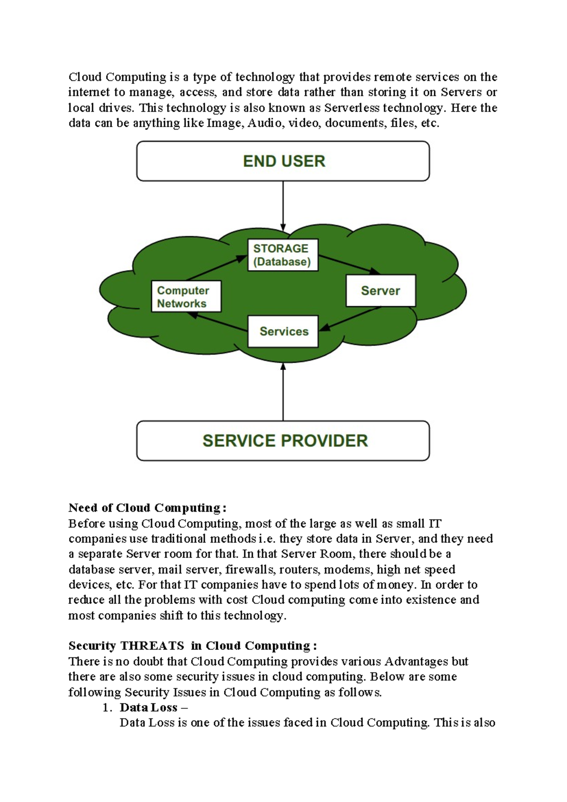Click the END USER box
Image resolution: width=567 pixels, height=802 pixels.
283,161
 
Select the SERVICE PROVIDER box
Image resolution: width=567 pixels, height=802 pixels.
283,441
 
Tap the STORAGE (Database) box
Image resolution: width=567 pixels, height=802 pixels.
283,255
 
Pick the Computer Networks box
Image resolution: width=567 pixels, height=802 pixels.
186,296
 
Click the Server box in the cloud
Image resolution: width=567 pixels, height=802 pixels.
381,290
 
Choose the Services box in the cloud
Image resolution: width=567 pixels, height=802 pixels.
283,331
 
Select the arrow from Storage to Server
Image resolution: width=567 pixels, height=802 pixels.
349,264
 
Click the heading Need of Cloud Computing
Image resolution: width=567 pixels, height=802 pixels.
147,508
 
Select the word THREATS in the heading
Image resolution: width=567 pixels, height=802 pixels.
152,646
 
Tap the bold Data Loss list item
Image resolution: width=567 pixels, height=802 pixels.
148,707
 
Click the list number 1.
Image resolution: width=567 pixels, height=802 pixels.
107,708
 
